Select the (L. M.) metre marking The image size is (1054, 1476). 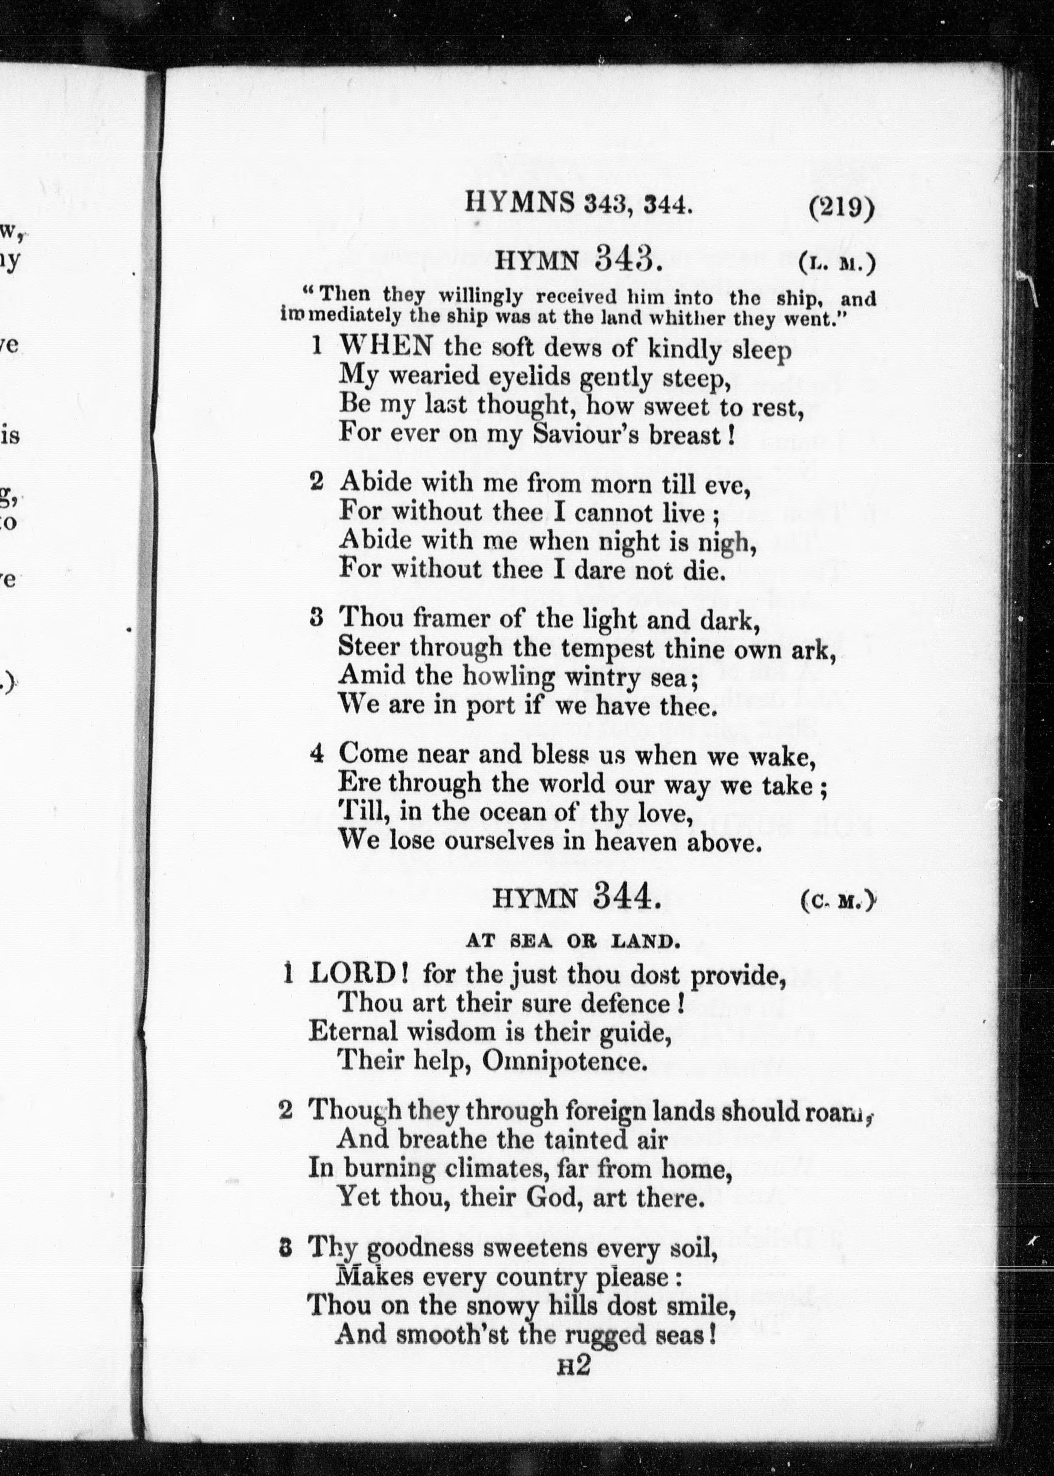pyautogui.click(x=837, y=264)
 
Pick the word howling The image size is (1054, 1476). pyautogui.click(x=508, y=677)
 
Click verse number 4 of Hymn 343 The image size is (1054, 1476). pyautogui.click(x=317, y=754)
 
